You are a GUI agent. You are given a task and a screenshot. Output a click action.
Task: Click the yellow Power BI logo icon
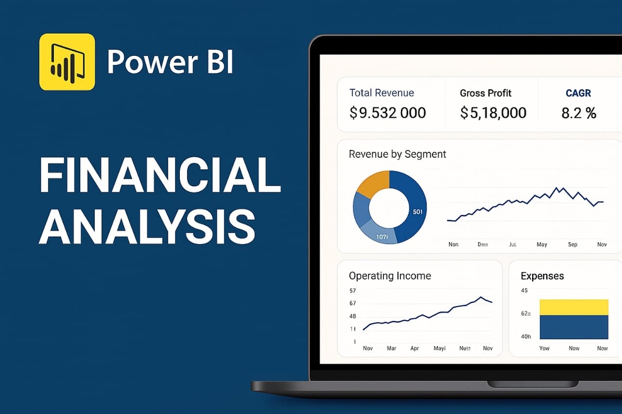(67, 62)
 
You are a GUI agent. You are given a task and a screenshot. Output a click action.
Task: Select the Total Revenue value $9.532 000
(388, 113)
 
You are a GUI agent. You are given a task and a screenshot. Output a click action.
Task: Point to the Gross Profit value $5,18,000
(493, 113)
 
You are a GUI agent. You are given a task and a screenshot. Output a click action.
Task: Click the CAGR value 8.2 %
(578, 113)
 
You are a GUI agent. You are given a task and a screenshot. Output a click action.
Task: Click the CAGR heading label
(578, 93)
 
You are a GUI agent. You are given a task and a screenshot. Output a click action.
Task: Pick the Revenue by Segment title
(397, 154)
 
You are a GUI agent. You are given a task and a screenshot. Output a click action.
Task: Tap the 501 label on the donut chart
(417, 212)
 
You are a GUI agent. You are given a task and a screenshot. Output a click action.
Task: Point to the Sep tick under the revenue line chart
(573, 245)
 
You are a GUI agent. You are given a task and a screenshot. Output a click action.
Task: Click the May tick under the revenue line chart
(542, 245)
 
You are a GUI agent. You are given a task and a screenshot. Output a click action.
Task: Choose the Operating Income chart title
(389, 276)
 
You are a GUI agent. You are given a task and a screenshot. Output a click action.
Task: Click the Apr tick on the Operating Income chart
(415, 348)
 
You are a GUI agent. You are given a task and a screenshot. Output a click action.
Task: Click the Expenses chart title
(542, 276)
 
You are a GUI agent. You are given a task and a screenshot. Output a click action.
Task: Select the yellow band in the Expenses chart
(573, 307)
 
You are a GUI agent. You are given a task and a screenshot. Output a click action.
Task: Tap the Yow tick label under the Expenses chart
(544, 348)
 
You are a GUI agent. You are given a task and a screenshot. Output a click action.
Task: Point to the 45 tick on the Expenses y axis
(524, 291)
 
